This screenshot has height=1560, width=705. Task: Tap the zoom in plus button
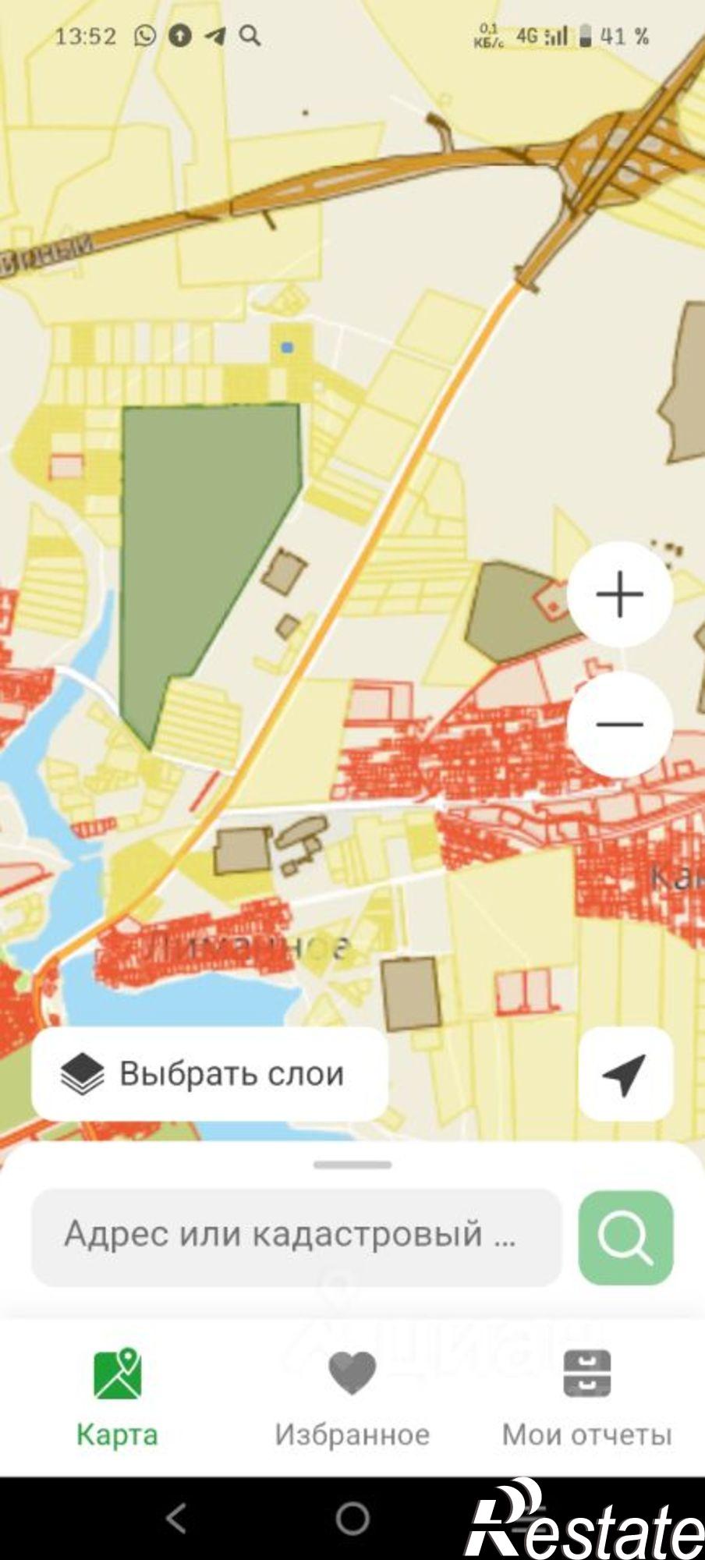620,594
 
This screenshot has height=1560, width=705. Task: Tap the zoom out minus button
620,725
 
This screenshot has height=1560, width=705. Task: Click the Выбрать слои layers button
210,1074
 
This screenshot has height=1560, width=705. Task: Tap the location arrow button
625,1075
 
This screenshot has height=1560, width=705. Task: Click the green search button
625,1238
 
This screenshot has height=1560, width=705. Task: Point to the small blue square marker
287,347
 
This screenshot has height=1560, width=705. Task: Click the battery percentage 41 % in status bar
624,37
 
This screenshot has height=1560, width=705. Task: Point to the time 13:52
85,37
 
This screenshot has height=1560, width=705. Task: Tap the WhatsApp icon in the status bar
144,36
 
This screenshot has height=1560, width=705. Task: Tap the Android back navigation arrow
177,1518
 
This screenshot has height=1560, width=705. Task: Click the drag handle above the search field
352,1165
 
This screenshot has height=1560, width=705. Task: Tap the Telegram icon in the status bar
215,36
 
